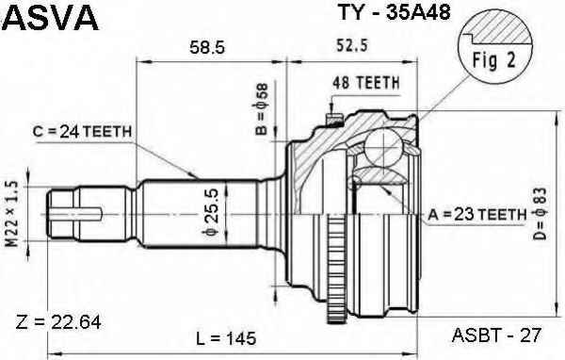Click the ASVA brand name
click(x=51, y=17)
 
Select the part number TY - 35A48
click(x=394, y=12)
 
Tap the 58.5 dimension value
click(x=207, y=47)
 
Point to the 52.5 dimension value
click(x=351, y=45)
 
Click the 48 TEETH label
click(x=366, y=83)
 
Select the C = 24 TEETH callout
click(x=82, y=132)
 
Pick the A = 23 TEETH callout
click(x=477, y=215)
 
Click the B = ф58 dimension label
click(x=262, y=109)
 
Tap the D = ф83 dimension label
click(x=541, y=214)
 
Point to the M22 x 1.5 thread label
click(x=11, y=214)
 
